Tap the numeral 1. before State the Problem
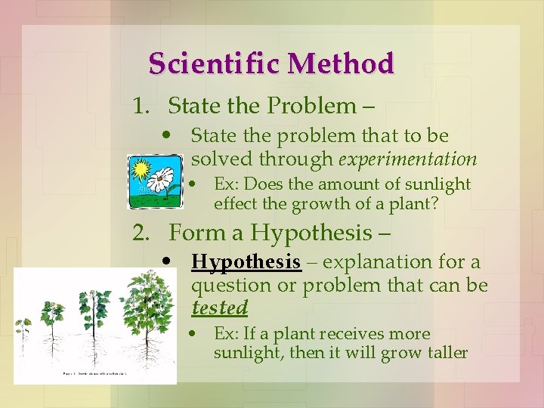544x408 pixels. coord(141,106)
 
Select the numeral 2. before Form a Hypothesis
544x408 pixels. coord(142,233)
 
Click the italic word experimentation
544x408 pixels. coord(408,159)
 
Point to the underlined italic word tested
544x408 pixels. coord(219,308)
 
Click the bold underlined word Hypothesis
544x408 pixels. coord(246,262)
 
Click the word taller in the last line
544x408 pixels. coord(446,353)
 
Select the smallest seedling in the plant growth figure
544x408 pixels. coord(23,332)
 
